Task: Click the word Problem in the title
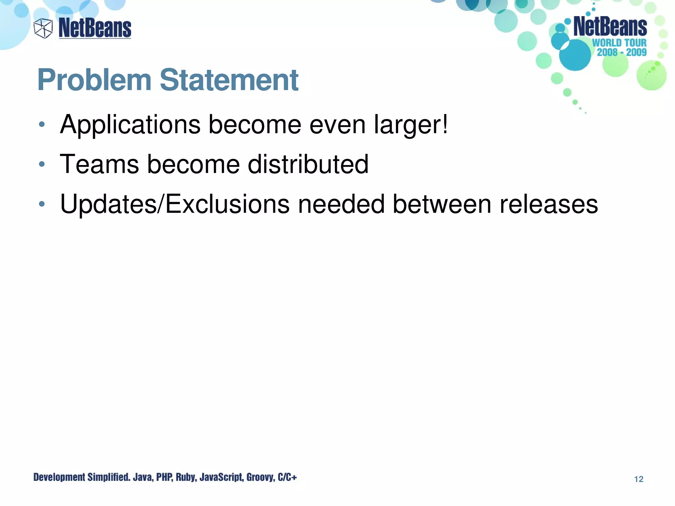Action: [x=94, y=80]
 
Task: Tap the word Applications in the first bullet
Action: [x=130, y=125]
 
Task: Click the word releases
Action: [x=548, y=204]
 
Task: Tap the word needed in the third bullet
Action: [x=341, y=204]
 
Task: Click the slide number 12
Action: [x=638, y=479]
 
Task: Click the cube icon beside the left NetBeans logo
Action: [x=43, y=28]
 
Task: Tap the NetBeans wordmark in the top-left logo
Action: [x=95, y=28]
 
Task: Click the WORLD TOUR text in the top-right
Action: [x=619, y=43]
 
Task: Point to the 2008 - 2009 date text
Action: [x=622, y=52]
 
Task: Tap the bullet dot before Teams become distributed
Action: [x=42, y=164]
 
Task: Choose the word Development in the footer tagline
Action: [x=59, y=477]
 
